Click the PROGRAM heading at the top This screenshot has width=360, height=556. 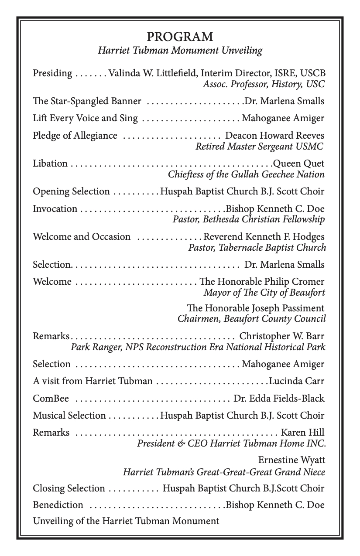tap(180, 37)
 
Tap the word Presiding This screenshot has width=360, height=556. tap(52, 73)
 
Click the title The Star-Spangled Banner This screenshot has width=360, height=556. tap(87, 101)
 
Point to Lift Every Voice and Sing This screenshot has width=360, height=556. tap(85, 118)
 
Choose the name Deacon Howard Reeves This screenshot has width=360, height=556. tap(274, 136)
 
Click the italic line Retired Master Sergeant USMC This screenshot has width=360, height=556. tap(259, 146)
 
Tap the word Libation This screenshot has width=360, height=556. tap(50, 164)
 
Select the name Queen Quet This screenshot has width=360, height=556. tap(298, 164)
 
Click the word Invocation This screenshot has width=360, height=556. tap(55, 208)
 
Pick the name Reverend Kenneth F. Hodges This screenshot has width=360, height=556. tap(264, 237)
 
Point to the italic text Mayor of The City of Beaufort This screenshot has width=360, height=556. tap(264, 292)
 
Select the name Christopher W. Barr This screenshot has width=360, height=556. tap(282, 336)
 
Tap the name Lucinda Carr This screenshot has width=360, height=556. tap(297, 381)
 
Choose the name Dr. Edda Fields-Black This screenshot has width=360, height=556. tap(279, 399)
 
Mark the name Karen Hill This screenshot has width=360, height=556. tap(302, 433)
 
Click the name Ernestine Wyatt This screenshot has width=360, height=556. tap(291, 460)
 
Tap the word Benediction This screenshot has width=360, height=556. tap(58, 505)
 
